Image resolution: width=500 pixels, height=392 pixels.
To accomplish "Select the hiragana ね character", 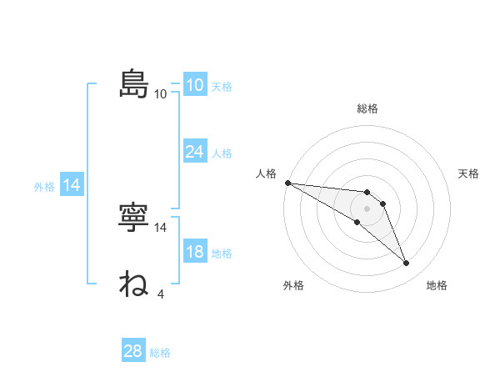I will point(133,284).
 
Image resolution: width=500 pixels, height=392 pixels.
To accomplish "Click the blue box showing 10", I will point(194,84).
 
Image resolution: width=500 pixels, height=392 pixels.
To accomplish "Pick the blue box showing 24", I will point(194,152).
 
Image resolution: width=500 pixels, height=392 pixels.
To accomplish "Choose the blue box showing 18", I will point(194,252).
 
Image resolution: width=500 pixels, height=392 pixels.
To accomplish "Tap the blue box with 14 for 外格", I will point(72,185).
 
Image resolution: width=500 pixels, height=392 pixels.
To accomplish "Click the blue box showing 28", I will point(132,351).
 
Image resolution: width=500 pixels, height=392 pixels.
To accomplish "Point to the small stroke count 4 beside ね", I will point(160,294).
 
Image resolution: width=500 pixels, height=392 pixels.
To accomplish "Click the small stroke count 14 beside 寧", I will point(162,227).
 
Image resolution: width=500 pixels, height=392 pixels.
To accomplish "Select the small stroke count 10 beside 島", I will point(160,93).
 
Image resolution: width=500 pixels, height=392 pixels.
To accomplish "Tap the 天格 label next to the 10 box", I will point(222,86).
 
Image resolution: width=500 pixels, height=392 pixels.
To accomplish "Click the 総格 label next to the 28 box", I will point(160,353).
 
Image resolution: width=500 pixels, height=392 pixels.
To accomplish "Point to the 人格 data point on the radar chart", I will point(287,183).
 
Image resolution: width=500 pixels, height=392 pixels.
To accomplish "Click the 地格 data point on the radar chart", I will point(406,264).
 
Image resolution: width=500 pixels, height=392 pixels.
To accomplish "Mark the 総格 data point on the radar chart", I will point(367,193).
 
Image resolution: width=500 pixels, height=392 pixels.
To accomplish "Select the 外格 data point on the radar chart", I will point(357,222).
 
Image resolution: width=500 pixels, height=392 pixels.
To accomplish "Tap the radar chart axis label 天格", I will point(469,173).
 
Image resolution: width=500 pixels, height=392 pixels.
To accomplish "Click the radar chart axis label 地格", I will point(437,285).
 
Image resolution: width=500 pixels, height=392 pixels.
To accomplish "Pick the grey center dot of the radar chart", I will point(367,209).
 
